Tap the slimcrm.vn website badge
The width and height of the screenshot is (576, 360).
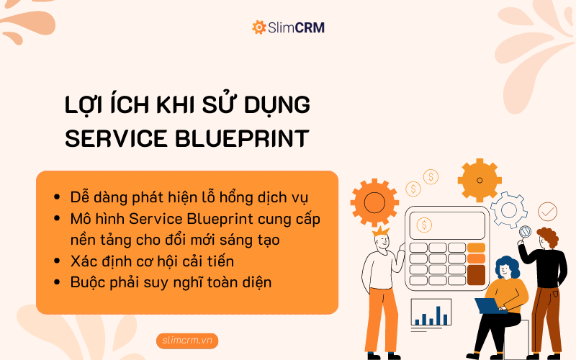[186, 341]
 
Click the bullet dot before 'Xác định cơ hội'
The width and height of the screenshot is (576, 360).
[57, 261]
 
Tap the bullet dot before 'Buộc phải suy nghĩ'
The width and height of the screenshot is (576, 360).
[57, 282]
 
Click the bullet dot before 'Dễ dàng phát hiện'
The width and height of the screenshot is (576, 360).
[57, 197]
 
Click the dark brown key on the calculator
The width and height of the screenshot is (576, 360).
[476, 274]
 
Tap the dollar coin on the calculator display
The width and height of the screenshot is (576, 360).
[425, 225]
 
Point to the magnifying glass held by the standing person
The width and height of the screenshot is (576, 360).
[525, 233]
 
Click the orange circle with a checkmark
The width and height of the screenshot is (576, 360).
[547, 211]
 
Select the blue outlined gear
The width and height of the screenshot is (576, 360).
[510, 210]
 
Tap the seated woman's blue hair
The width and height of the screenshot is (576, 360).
[508, 266]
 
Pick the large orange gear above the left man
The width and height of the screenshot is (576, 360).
[374, 202]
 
